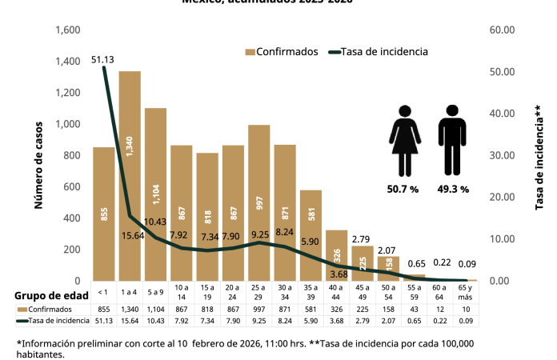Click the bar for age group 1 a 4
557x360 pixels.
pyautogui.click(x=130, y=176)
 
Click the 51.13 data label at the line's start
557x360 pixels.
pyautogui.click(x=102, y=58)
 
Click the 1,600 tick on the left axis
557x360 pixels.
pyautogui.click(x=68, y=30)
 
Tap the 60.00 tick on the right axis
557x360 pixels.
pyautogui.click(x=502, y=30)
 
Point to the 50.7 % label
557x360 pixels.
pyautogui.click(x=403, y=190)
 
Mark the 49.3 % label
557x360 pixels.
pyautogui.click(x=453, y=190)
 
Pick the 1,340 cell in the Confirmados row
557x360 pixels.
pyautogui.click(x=130, y=309)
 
